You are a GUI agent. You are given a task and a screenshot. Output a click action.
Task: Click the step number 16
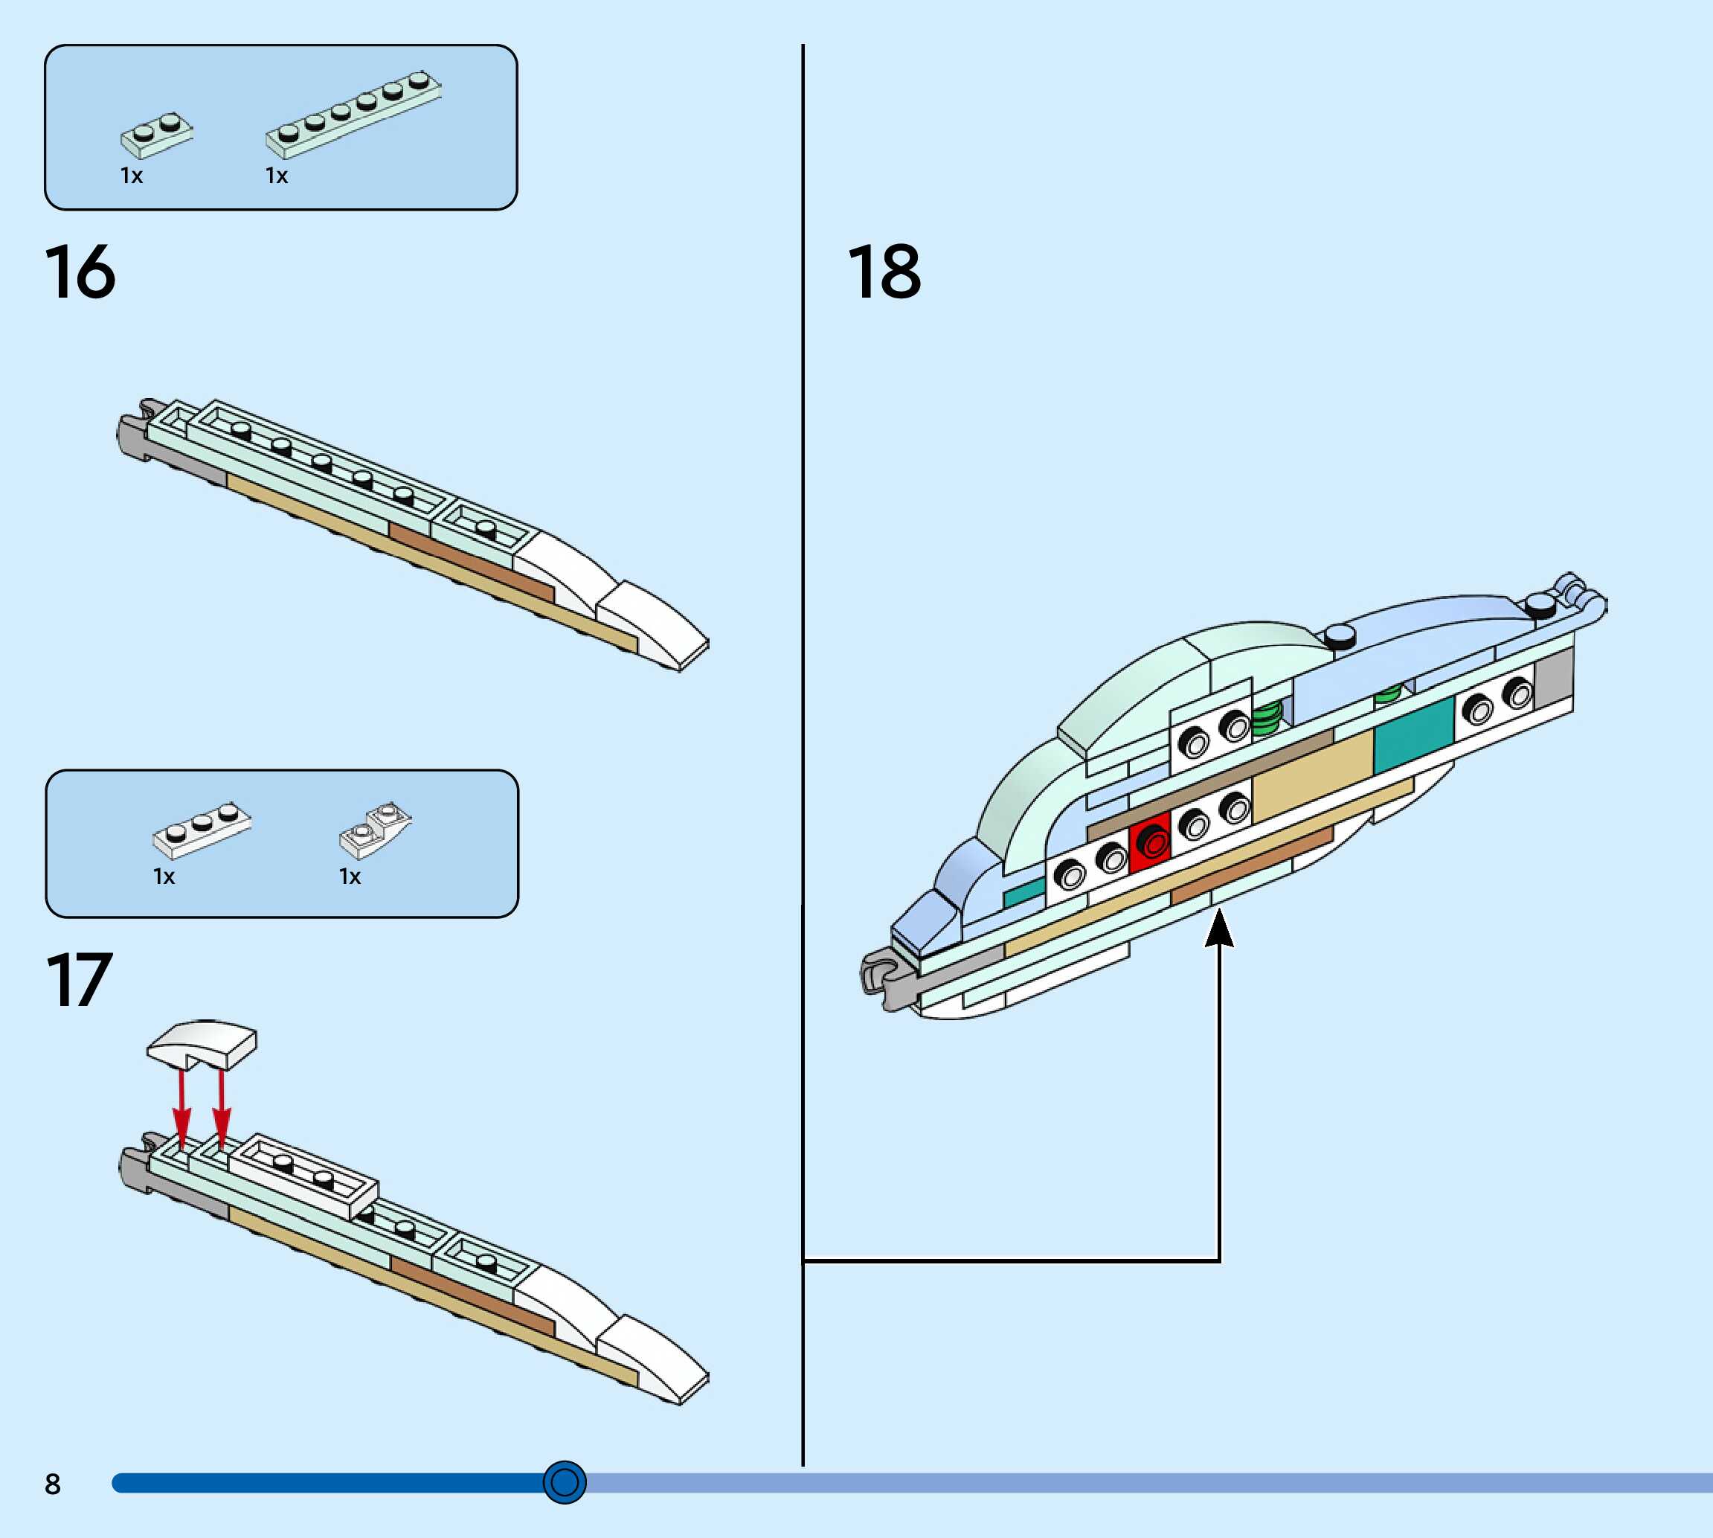pyautogui.click(x=80, y=272)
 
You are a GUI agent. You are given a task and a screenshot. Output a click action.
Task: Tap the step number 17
pyautogui.click(x=79, y=980)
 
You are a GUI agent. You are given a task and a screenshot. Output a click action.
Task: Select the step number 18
pyautogui.click(x=884, y=272)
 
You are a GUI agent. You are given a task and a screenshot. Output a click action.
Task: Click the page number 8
pyautogui.click(x=52, y=1484)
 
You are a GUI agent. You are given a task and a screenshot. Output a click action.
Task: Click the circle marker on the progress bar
pyautogui.click(x=565, y=1481)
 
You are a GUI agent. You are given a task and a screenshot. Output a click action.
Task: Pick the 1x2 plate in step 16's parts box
pyautogui.click(x=156, y=135)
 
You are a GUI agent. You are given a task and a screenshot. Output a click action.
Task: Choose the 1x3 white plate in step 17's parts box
pyautogui.click(x=201, y=829)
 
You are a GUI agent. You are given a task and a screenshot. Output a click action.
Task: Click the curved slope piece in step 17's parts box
pyautogui.click(x=375, y=828)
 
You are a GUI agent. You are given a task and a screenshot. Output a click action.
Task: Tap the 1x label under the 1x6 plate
pyautogui.click(x=276, y=176)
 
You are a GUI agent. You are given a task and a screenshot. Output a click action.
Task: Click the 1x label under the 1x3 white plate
pyautogui.click(x=163, y=877)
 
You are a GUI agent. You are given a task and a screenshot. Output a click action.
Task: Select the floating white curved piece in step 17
pyautogui.click(x=202, y=1044)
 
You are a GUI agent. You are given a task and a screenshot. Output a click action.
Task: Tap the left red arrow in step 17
pyautogui.click(x=181, y=1108)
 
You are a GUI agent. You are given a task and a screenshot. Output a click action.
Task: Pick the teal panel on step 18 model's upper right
pyautogui.click(x=1414, y=734)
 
